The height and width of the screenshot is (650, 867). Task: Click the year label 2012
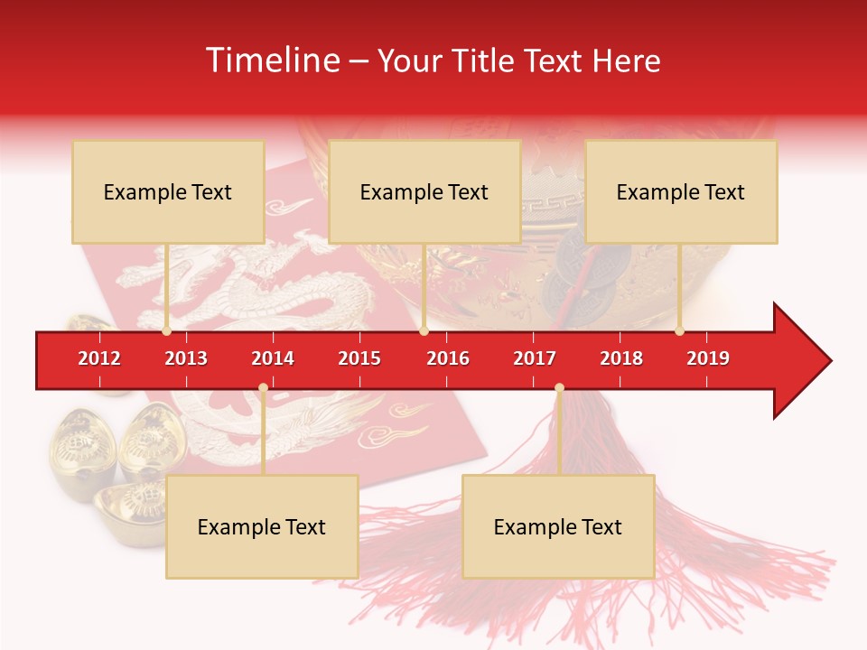[x=99, y=358]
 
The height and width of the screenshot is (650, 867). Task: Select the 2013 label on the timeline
[x=186, y=358]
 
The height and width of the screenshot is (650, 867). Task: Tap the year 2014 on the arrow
[x=273, y=358]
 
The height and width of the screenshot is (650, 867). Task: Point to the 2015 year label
[x=359, y=358]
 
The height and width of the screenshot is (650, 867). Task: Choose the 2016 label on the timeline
[x=448, y=358]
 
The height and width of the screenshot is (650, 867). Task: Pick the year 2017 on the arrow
[x=535, y=358]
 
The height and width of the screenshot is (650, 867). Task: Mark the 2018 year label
[x=621, y=358]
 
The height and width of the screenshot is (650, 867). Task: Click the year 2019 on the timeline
[x=708, y=358]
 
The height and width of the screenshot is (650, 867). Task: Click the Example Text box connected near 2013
[x=168, y=191]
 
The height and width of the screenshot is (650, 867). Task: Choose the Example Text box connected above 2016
[x=424, y=191]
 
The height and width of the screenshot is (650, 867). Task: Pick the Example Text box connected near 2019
[x=681, y=191]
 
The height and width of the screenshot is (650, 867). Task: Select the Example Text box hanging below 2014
[x=262, y=526]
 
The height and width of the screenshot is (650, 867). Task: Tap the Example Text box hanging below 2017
[x=558, y=526]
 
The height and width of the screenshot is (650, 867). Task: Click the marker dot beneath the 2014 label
[x=263, y=388]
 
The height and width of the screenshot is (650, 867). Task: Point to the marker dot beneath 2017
[x=559, y=388]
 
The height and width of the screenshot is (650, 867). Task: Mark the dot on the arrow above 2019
[x=679, y=331]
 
